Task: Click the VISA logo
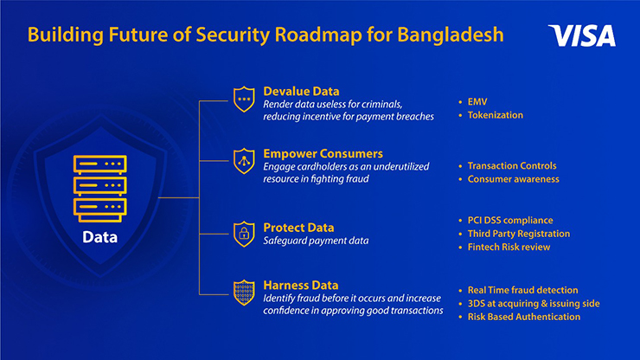[x=582, y=35]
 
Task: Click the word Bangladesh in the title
[x=451, y=35]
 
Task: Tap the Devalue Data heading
[x=301, y=91]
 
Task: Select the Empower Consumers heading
[x=323, y=154]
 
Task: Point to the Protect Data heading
[x=298, y=228]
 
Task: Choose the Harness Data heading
[x=301, y=286]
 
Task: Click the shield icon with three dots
[x=244, y=99]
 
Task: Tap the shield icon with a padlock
[x=244, y=235]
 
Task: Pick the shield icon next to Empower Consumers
[x=244, y=161]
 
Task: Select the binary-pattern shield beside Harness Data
[x=244, y=292]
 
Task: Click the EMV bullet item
[x=477, y=102]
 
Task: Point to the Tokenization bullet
[x=495, y=115]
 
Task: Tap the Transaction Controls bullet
[x=512, y=166]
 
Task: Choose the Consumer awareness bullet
[x=513, y=179]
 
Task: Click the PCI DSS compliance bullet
[x=510, y=221]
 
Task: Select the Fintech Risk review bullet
[x=509, y=247]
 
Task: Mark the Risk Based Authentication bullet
[x=523, y=317]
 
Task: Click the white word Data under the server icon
[x=100, y=237]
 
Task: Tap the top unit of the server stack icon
[x=100, y=164]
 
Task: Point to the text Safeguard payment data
[x=316, y=241]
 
